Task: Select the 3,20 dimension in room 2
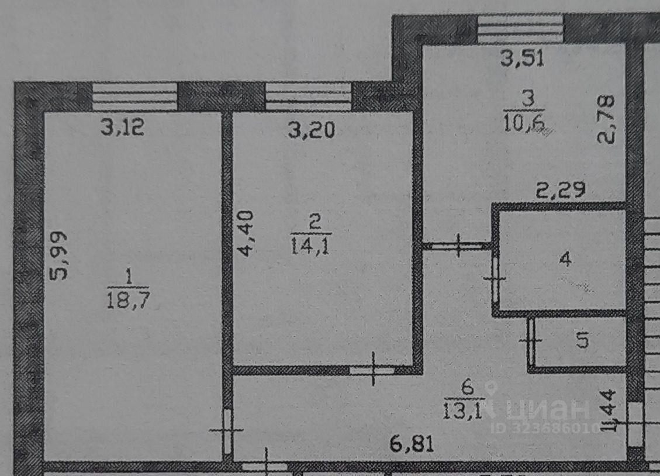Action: point(312,130)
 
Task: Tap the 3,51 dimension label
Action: point(523,59)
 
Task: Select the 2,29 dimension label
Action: point(561,191)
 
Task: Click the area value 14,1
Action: point(310,246)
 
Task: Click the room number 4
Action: point(565,259)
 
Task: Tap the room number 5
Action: point(582,341)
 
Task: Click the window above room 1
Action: point(135,96)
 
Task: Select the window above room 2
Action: point(308,96)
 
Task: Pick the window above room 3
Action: point(520,28)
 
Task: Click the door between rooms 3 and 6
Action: point(458,246)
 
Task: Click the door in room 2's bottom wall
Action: point(372,370)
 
